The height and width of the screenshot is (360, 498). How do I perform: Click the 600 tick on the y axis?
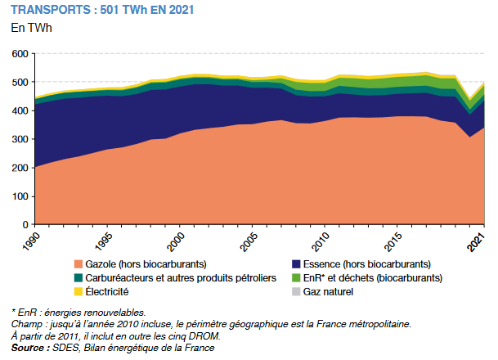pos(20,54)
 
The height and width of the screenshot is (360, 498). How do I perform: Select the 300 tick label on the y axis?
pos(20,139)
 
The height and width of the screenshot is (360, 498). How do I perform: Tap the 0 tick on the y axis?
pos(25,224)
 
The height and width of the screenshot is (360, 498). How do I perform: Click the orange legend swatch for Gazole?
pos(78,264)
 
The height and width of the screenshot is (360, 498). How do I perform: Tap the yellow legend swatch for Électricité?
pos(78,290)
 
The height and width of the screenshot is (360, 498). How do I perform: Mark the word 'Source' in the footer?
pos(29,348)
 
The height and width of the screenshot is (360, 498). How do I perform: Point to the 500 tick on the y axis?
pos(20,83)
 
